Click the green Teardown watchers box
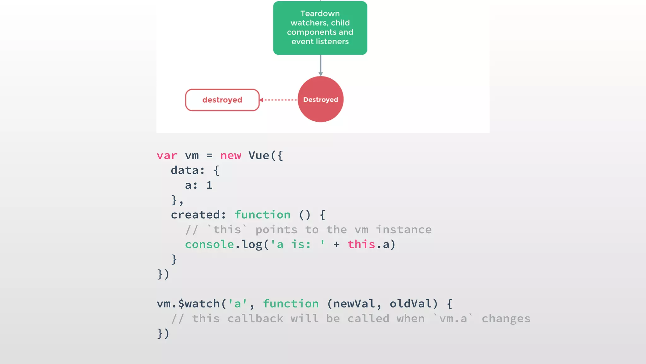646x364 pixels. [320, 28]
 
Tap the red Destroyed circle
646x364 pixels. [320, 99]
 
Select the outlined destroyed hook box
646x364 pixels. [222, 100]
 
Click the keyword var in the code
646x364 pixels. [167, 156]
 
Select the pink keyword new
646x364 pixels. [231, 156]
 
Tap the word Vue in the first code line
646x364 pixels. [259, 155]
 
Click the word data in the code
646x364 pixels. [185, 171]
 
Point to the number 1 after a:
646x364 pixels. [209, 185]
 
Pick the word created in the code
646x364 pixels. [196, 215]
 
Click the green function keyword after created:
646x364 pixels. [262, 215]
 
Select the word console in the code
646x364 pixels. [209, 245]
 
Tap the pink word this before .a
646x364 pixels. [361, 245]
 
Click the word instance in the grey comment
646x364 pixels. [404, 230]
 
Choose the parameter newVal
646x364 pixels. [354, 304]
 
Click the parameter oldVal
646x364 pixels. [411, 304]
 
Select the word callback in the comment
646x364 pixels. [255, 319]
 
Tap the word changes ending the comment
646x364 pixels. [506, 319]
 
